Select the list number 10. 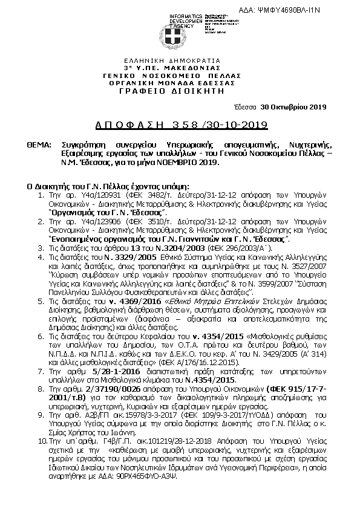[x=39, y=451]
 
